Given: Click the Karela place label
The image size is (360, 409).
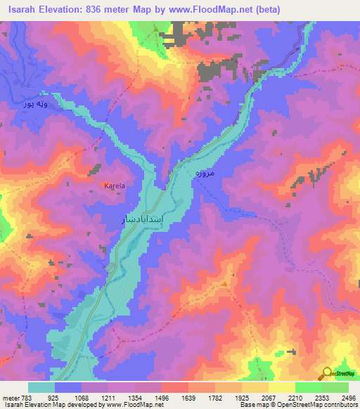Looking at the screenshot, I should [x=114, y=186].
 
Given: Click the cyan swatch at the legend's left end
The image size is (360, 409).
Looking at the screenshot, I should [x=41, y=387].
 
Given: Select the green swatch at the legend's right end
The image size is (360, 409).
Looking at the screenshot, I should [x=335, y=387].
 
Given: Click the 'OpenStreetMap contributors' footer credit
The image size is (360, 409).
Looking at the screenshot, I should [x=316, y=405].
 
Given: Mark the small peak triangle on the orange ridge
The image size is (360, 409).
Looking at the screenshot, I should [x=225, y=283].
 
